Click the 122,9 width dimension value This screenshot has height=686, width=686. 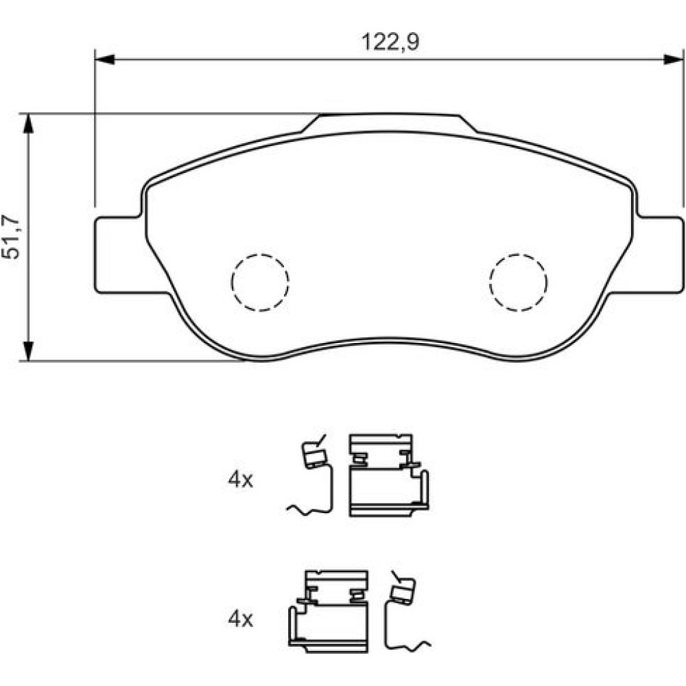pos(390,43)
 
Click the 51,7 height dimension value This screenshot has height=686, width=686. pos(11,237)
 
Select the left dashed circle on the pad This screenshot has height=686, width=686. pos(260,283)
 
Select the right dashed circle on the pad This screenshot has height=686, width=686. pos(519,283)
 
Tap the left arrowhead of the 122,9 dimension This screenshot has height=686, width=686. pos(104,59)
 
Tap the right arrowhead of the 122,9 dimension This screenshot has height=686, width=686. pos(674,59)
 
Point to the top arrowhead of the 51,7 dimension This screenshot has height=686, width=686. pos(28,123)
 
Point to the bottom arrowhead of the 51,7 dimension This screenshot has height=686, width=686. pos(28,351)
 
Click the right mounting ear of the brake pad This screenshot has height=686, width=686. pos(658,255)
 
